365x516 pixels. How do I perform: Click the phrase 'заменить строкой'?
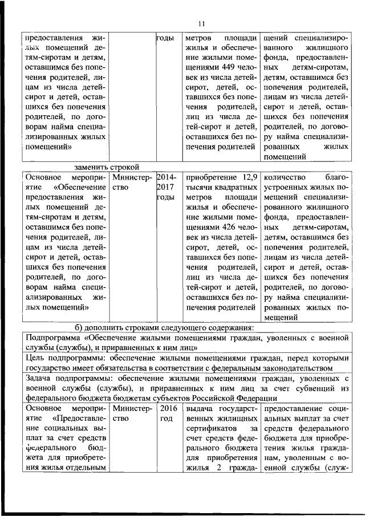[107, 167]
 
